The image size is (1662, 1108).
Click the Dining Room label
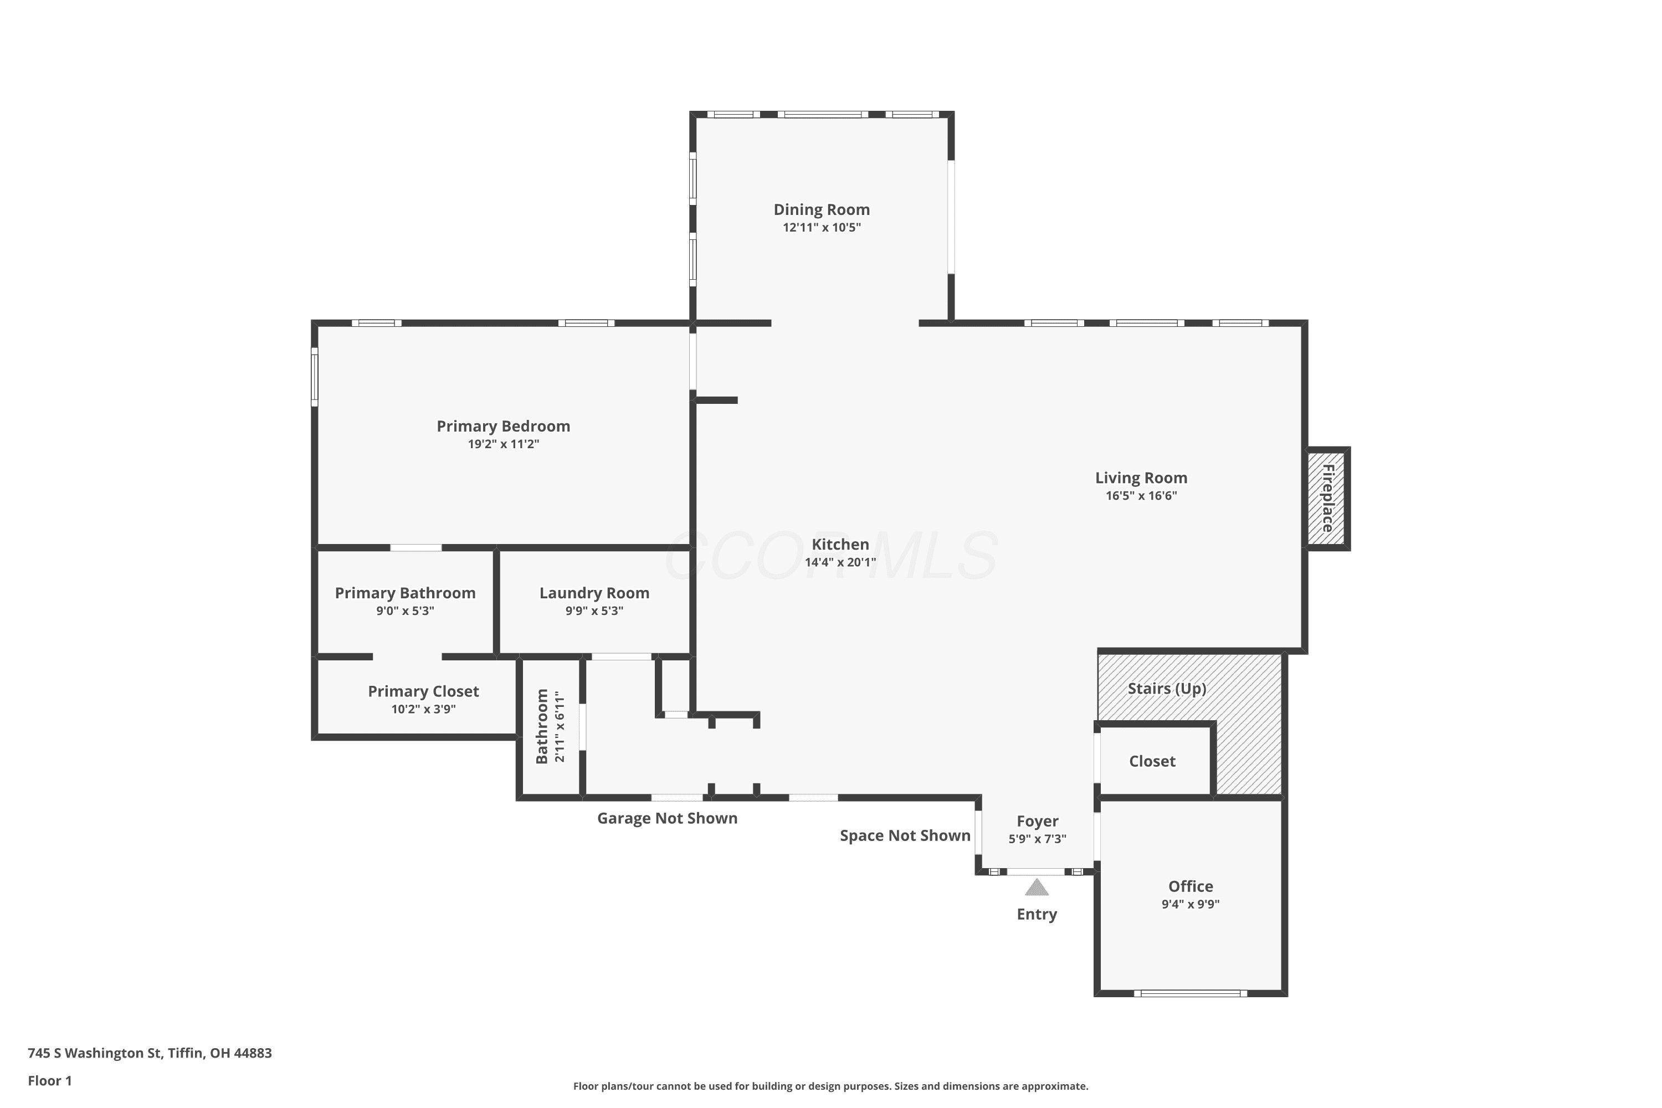[x=821, y=209]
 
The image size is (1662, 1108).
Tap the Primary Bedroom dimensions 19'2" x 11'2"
[x=503, y=444]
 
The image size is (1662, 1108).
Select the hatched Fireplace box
[x=1326, y=498]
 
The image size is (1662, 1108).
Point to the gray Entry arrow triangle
[x=1037, y=887]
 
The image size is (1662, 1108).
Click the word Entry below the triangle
[x=1037, y=915]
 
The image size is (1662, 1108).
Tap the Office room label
[x=1191, y=886]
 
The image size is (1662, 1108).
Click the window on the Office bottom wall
[x=1191, y=993]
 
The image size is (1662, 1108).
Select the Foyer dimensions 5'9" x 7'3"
[x=1037, y=839]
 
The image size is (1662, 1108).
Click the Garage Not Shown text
[x=667, y=818]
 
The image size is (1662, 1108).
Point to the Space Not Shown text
[x=905, y=835]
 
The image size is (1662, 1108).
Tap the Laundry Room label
[x=594, y=593]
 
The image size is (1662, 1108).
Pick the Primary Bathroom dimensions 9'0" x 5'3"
[x=405, y=611]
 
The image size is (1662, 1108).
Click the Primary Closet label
[x=423, y=691]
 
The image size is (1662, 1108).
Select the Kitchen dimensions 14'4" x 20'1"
[x=840, y=562]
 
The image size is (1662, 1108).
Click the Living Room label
[x=1141, y=478]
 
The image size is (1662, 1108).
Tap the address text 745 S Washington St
[x=95, y=1053]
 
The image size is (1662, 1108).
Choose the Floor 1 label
[x=49, y=1080]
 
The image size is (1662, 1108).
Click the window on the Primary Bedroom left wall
[x=315, y=377]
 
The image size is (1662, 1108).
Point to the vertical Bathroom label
[x=542, y=726]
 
